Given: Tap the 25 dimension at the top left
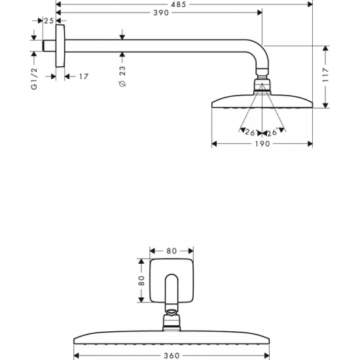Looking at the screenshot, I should pyautogui.click(x=48, y=21).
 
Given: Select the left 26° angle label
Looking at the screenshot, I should pyautogui.click(x=249, y=133).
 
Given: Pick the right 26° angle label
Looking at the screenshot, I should pyautogui.click(x=272, y=133).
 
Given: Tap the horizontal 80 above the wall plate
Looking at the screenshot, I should pyautogui.click(x=171, y=250).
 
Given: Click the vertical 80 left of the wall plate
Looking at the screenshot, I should pyautogui.click(x=141, y=280).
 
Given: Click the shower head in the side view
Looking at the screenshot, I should pyautogui.click(x=261, y=101).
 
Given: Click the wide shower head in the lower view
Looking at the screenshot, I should pyautogui.click(x=171, y=340).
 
